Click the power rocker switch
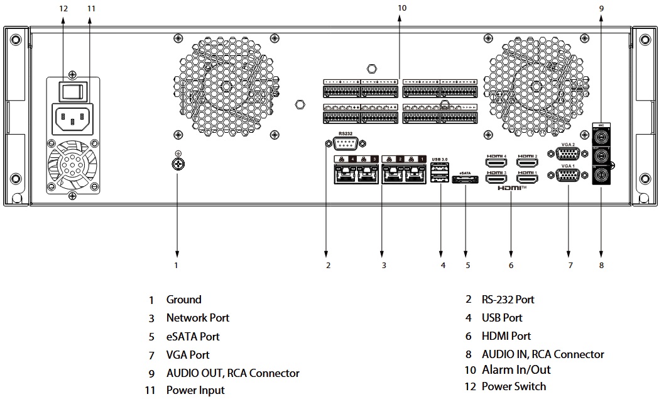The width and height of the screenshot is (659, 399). point(72,91)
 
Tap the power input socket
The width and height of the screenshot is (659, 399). point(72,118)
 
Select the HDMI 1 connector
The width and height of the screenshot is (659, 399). point(526,179)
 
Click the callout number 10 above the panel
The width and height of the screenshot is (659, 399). point(402,8)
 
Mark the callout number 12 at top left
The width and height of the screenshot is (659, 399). point(63,8)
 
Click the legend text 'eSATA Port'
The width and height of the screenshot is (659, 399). point(193,337)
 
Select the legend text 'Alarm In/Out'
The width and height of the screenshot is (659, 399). point(516,370)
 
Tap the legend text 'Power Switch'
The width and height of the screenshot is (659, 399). point(513,386)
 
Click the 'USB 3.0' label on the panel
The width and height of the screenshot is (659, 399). point(440,159)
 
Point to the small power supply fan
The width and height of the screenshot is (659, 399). point(72,164)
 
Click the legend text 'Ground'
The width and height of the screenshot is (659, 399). point(183,300)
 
